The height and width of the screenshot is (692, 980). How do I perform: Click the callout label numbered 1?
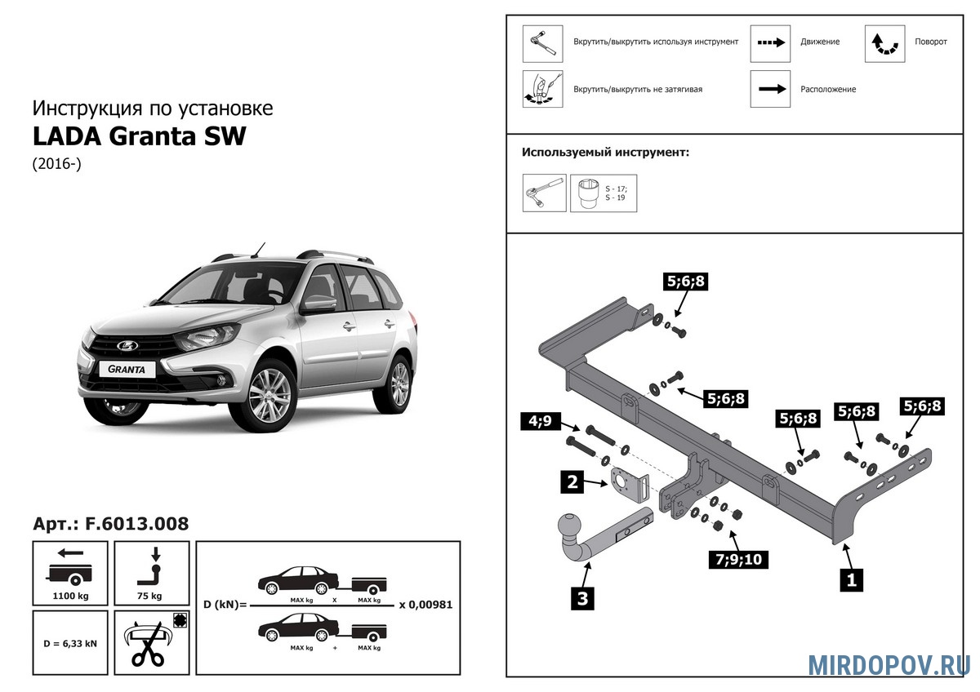point(852,580)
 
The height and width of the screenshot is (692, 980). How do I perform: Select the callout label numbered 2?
point(572,481)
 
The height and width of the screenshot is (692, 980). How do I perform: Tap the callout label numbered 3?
point(582,599)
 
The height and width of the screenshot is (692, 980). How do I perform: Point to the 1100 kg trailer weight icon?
point(71,573)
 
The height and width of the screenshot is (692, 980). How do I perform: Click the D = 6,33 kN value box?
point(71,643)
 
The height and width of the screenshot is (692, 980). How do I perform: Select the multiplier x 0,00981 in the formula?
point(425,605)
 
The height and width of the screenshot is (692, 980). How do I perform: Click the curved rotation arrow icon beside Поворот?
point(884,43)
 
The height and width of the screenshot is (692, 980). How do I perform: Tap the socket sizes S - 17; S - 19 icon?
point(603,193)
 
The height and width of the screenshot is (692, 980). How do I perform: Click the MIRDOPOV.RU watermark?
point(889,664)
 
